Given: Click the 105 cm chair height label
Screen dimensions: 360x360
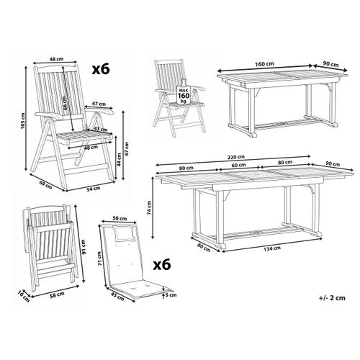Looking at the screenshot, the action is pos(23,121).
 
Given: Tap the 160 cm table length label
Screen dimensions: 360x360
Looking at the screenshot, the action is pos(264,64).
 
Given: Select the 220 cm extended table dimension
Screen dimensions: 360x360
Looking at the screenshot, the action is pos(236,157).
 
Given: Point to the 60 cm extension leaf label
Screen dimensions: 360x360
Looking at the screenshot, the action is pos(238,165).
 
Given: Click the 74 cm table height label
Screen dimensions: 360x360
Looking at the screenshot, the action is pos(150,207).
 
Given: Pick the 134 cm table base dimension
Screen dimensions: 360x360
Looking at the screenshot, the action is pos(272,249).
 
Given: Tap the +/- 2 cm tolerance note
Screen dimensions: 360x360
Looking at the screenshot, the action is pos(332,298).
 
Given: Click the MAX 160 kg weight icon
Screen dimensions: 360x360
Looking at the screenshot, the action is pos(184,93).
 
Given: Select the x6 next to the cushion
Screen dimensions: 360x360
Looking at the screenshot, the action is pos(162,264).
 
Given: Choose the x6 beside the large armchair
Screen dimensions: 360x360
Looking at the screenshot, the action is pos(101,69).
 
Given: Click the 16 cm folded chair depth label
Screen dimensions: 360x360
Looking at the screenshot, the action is pos(24,296).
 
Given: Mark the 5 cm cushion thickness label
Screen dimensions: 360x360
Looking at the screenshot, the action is pos(171,295).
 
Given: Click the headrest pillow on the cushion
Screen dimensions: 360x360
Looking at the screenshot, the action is pos(124,233).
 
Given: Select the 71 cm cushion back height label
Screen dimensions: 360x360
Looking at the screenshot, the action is pos(101,258).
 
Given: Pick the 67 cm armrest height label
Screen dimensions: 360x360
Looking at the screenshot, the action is pos(127,148).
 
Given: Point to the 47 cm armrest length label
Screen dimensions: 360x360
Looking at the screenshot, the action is pos(99,104).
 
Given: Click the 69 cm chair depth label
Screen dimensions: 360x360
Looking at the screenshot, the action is pos(45,185).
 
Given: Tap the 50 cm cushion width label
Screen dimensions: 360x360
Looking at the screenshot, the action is pos(120,219).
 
